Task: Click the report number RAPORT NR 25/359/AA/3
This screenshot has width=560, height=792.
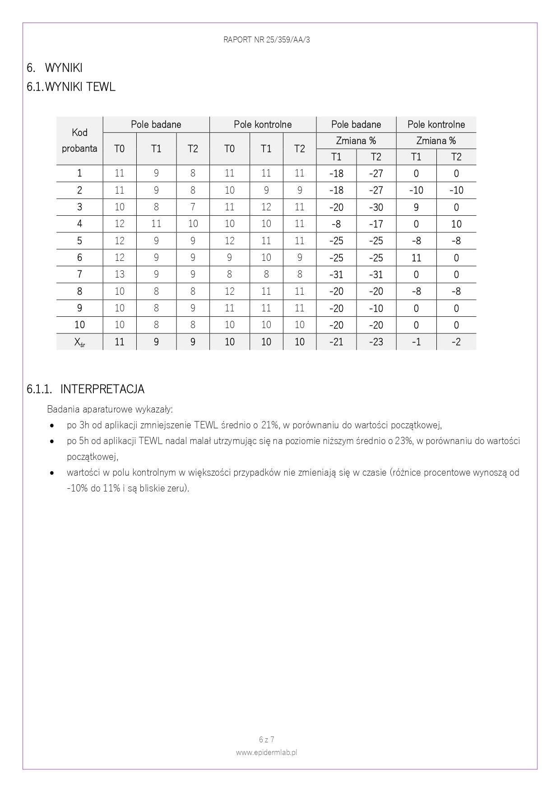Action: tap(266, 40)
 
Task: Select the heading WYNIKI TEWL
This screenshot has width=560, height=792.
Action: tap(80, 87)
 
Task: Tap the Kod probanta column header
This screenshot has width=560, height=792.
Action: tap(79, 140)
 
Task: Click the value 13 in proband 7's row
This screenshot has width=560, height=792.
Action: tap(119, 274)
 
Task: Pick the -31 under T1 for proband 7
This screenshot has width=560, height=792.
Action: tap(336, 274)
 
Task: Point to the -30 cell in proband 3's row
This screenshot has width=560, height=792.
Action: tap(376, 207)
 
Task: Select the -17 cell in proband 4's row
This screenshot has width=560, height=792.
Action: tap(376, 224)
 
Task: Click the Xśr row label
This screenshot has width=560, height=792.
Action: tap(79, 342)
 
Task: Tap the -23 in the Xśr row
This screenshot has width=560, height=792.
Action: tap(376, 342)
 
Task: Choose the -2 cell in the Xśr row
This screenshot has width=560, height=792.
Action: tap(456, 342)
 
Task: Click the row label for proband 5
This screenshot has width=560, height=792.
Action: tap(79, 241)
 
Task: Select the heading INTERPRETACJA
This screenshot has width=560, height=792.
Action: tap(102, 389)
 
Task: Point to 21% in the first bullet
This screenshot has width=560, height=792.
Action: tap(269, 425)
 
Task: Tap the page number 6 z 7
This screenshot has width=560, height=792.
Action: tap(266, 740)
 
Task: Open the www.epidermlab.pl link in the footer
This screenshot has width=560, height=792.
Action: tap(266, 752)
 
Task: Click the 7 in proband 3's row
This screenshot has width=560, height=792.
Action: tap(193, 207)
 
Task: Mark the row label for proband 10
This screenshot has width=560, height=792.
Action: tap(79, 325)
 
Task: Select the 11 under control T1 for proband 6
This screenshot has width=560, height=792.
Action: tap(416, 258)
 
